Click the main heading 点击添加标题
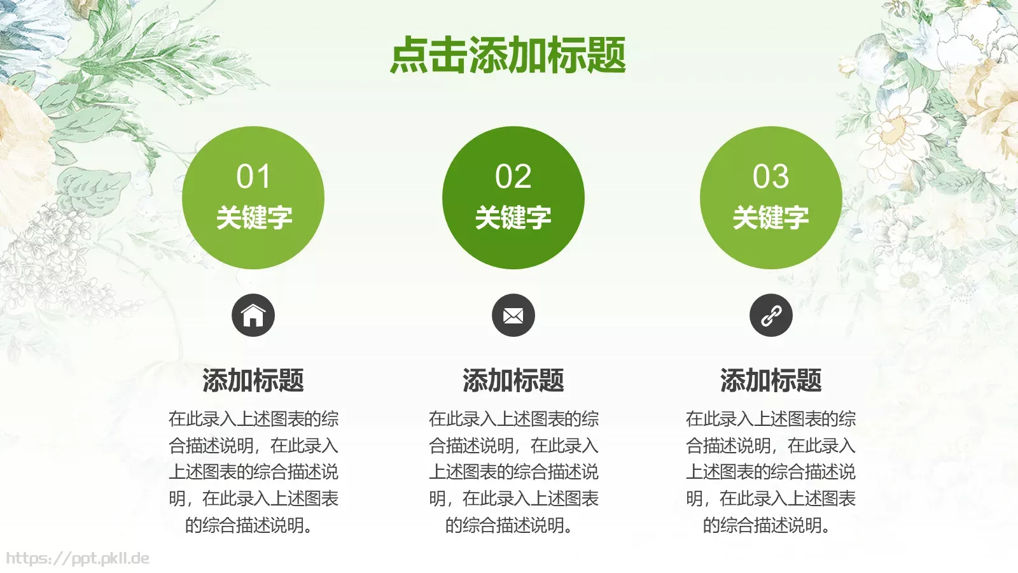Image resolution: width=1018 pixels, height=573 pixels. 508,55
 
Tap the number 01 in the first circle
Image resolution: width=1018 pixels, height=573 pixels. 253,176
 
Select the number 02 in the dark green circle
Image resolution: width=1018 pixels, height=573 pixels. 513,176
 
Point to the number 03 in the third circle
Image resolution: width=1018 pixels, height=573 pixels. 770,176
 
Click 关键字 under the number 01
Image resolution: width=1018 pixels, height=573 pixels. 253,218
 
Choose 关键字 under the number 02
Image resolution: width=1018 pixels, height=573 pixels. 513,218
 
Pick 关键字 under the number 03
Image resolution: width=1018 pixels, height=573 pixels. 770,218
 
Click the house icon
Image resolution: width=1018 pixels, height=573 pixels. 253,315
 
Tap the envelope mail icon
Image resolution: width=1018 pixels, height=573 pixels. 513,315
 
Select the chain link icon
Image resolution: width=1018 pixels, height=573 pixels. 770,315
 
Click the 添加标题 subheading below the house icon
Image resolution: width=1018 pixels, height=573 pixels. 253,380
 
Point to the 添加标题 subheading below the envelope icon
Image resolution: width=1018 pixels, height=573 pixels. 513,380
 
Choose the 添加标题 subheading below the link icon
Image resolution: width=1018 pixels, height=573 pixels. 770,380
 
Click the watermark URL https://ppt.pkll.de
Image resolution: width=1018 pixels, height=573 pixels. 78,558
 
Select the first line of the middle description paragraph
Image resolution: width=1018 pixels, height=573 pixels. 513,419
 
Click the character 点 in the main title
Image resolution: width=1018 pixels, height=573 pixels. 409,55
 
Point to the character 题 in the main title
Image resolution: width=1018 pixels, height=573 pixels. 606,55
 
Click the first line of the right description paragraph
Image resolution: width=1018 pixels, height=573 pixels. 770,419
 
